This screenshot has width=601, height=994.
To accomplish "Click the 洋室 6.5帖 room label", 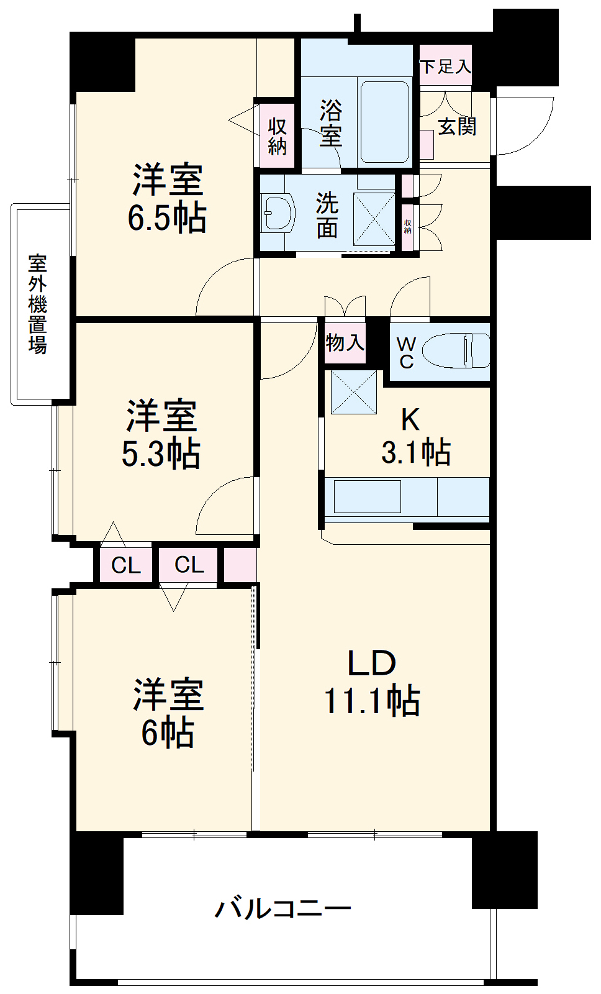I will [167, 198].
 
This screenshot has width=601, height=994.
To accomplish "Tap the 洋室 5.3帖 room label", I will [161, 434].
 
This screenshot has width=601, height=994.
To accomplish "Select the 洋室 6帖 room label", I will [168, 713].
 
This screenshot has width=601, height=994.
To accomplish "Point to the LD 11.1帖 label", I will [372, 682].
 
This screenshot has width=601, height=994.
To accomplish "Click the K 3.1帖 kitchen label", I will [415, 437].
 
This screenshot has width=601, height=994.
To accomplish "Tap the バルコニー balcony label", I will [282, 909].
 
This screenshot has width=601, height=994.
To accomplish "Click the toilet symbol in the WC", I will [456, 351].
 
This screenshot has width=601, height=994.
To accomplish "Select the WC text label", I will [407, 352].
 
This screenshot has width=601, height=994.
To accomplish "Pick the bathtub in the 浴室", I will [385, 122].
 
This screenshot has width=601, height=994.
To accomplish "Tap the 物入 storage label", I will [345, 342].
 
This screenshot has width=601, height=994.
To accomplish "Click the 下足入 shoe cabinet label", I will [446, 66].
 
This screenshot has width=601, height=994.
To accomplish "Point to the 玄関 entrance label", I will [457, 127].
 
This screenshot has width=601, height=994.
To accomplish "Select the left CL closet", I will [126, 565].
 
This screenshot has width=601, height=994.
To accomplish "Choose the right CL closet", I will [189, 565].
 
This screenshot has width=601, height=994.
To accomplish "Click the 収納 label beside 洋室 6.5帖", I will [278, 136].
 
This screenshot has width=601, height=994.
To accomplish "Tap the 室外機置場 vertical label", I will [38, 304].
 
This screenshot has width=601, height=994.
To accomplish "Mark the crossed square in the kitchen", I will [354, 391].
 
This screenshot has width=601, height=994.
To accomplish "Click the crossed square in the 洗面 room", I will [374, 218].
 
